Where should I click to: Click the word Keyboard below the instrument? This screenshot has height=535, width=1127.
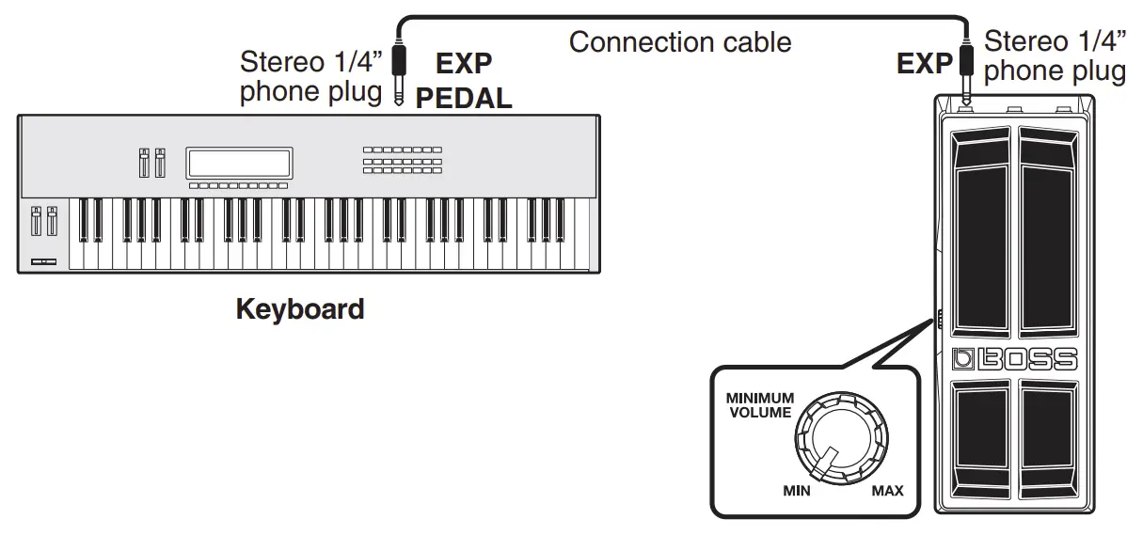[299, 308]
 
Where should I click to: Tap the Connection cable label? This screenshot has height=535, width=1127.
[680, 41]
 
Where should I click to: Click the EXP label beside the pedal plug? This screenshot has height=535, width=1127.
[925, 63]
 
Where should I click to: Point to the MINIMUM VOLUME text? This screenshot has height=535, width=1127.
[759, 405]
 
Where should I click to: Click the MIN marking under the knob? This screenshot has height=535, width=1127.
[797, 490]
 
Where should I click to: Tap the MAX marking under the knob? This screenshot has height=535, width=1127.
[886, 490]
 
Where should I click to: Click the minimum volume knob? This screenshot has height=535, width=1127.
[840, 441]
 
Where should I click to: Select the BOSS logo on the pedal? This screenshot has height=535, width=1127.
[1013, 358]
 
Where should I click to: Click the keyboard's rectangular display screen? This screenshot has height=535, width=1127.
[239, 163]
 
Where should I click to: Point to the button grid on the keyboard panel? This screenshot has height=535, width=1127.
[402, 160]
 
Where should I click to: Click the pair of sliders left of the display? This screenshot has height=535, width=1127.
[151, 164]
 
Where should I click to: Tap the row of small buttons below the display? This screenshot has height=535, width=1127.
[238, 186]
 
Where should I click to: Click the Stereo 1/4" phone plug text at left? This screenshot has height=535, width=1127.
[311, 77]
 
